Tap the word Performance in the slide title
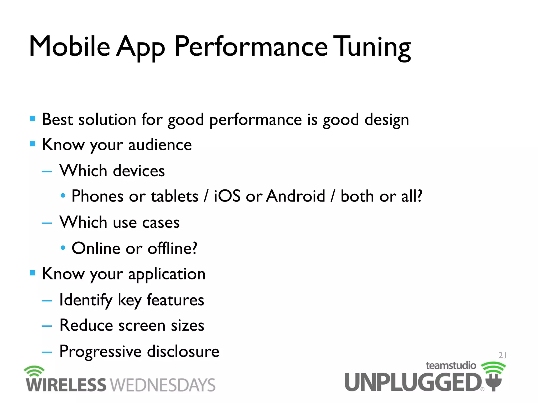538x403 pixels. [251, 47]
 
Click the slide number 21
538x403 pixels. [502, 355]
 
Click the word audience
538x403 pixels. [160, 145]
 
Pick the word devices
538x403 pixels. [139, 171]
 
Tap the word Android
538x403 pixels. [296, 196]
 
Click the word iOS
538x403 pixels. [227, 196]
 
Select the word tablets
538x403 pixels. [174, 196]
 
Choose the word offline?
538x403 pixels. [172, 248]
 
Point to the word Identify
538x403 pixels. [86, 300]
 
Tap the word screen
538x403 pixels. [142, 326]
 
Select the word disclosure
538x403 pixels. [183, 351]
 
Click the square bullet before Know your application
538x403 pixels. [33, 273]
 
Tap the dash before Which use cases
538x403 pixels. [47, 223]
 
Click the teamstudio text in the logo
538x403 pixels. [451, 365]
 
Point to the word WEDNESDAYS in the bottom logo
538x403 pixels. [163, 385]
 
